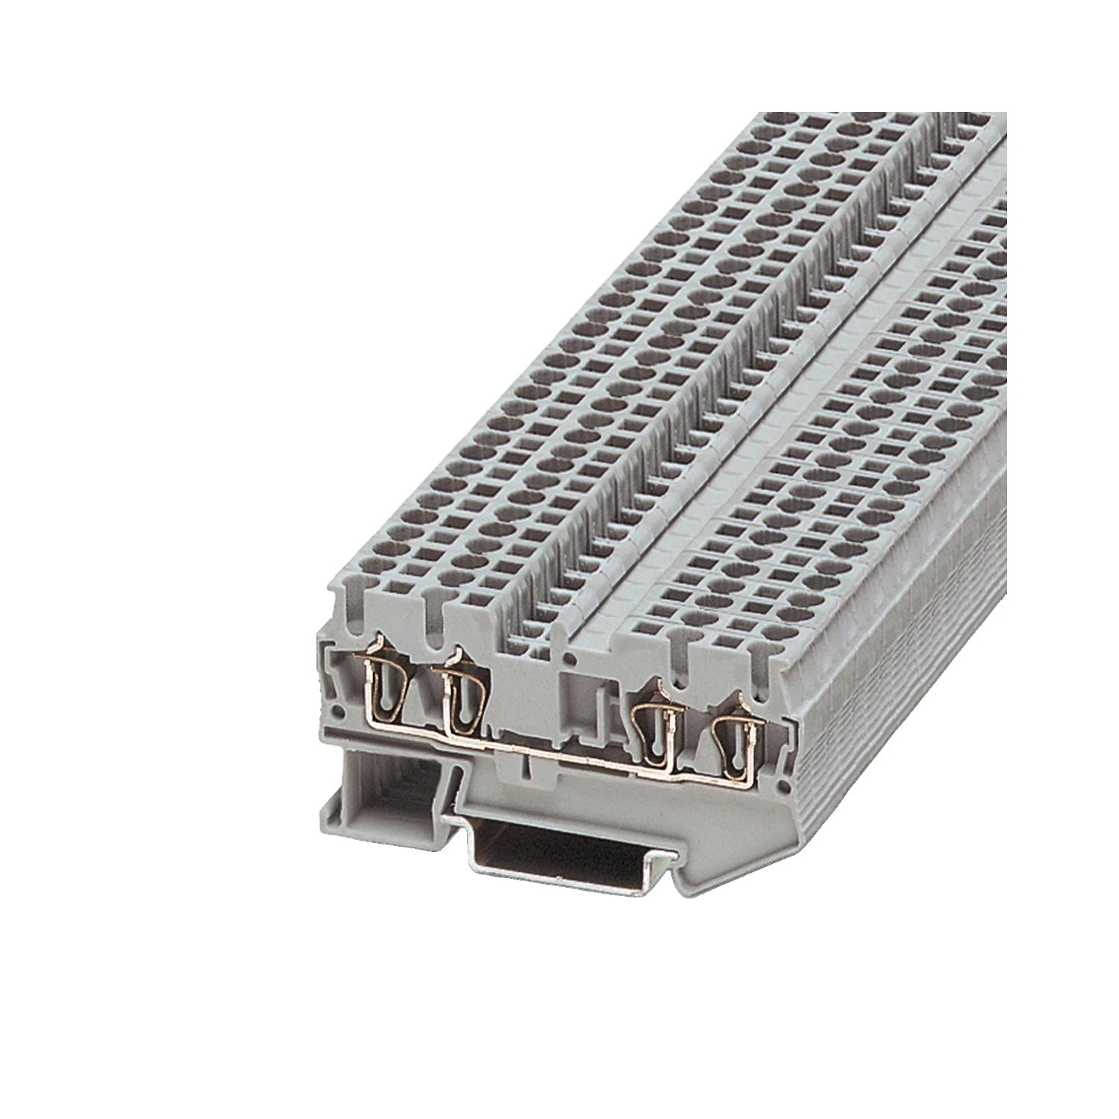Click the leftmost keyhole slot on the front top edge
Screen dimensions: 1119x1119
(x=351, y=597)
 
